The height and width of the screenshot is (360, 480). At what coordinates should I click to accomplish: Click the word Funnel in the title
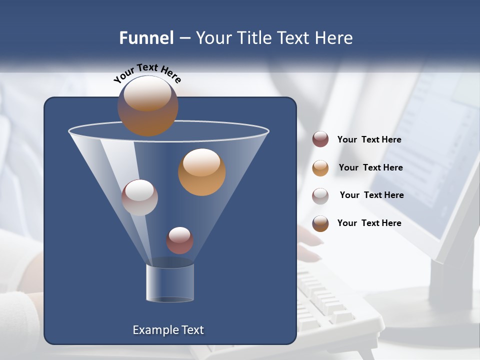point(146,38)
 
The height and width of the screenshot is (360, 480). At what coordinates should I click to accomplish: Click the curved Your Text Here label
point(147,73)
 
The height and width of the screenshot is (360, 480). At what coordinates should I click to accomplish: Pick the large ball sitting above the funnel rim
point(148,105)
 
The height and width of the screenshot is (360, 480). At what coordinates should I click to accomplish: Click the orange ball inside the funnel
point(202,172)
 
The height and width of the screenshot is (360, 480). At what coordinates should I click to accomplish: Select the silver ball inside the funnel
point(139,197)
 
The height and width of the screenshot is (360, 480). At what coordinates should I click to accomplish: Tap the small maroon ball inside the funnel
point(179,240)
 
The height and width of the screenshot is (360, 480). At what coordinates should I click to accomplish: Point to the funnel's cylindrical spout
point(170,282)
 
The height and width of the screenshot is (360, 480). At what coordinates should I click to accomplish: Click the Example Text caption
point(168,330)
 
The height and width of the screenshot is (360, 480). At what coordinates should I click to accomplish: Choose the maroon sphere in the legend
point(320,139)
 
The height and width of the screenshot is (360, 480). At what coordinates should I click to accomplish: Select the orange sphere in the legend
point(320,167)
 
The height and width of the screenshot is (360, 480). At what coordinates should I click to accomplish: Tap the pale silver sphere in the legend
point(320,195)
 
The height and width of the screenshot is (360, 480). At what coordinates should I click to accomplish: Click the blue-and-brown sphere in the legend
point(320,223)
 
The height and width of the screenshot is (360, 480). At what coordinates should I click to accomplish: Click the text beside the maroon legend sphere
point(369,139)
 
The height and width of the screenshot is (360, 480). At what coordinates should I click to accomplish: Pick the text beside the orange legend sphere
point(370,167)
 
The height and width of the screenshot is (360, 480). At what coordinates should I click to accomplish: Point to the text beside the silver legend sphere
point(371,195)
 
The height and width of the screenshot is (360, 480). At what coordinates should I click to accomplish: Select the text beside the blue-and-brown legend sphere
point(369,223)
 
